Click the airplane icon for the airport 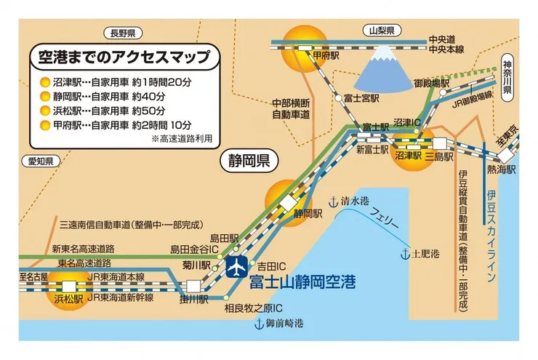click(237, 268)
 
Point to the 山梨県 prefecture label click(382, 31)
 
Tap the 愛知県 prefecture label click(38, 161)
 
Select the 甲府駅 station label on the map click(321, 55)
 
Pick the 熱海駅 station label click(501, 169)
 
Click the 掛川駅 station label click(194, 298)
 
